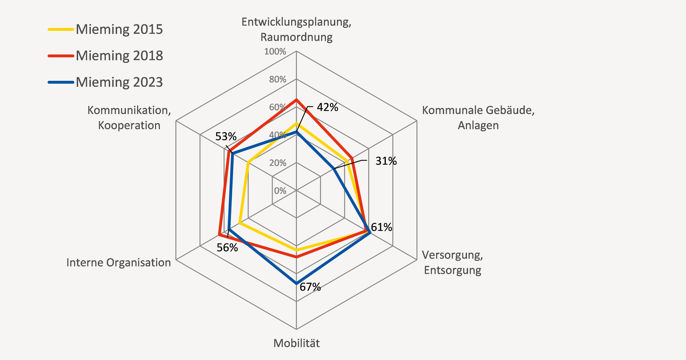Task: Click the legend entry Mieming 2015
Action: tap(119, 29)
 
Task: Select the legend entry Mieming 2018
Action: tap(119, 56)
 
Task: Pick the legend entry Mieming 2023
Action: tap(119, 82)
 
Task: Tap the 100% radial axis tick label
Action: tap(275, 52)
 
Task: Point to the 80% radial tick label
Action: tap(278, 79)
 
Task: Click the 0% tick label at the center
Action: tap(280, 191)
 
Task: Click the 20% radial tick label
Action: tap(278, 163)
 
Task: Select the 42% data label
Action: tap(327, 107)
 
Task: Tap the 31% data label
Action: tap(386, 161)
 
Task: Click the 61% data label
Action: tap(381, 227)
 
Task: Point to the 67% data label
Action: tap(310, 287)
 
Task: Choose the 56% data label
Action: tap(227, 247)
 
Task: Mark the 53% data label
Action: tap(226, 137)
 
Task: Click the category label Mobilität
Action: tap(297, 344)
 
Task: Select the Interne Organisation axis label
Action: tap(119, 263)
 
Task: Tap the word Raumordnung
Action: tap(297, 37)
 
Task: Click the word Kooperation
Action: tap(129, 125)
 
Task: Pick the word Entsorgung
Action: tap(452, 270)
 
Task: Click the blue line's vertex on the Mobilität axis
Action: tap(296, 283)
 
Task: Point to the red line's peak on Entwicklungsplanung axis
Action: tap(296, 100)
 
